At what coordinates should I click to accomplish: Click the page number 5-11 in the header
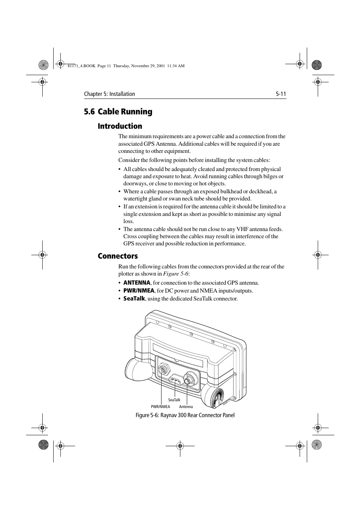coord(280,94)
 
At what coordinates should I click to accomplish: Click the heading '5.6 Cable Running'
coord(118,112)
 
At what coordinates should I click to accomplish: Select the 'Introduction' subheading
coord(120,126)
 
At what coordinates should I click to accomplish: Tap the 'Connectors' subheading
coord(117,256)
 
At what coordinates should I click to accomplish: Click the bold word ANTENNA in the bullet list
coord(137,283)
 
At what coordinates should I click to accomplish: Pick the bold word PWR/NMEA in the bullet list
coord(138,291)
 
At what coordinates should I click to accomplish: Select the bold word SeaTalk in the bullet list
coord(134,299)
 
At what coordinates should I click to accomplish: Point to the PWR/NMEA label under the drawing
coord(160,407)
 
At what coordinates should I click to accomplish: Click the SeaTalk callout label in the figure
coord(174,400)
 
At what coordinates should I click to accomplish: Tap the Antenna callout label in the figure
coord(186,407)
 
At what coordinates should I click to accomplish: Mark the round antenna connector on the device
coord(188,378)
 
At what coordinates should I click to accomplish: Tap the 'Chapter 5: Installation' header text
coord(109,94)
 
